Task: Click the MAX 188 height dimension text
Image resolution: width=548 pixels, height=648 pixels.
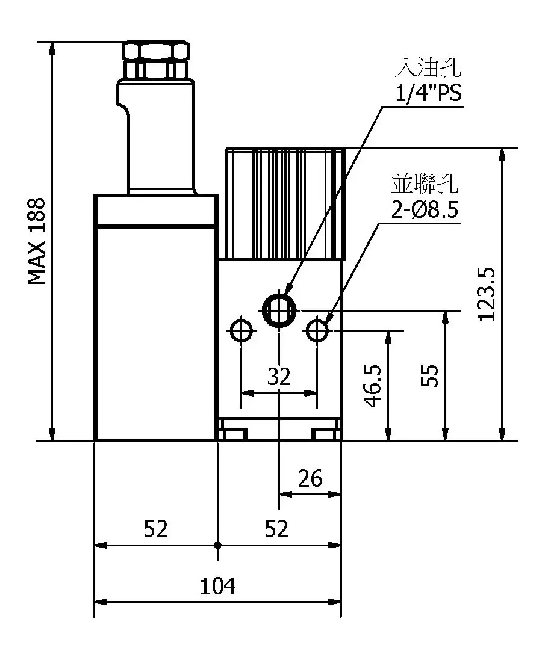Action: click(37, 241)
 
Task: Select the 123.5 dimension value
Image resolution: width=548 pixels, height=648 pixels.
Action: click(485, 294)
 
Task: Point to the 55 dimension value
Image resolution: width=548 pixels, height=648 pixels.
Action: click(429, 376)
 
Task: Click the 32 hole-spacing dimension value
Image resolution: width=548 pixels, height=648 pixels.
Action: click(279, 377)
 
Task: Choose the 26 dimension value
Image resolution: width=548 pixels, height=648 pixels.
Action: click(311, 479)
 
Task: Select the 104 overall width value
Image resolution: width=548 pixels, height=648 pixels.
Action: click(217, 585)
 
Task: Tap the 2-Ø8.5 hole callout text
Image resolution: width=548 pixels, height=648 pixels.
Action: click(425, 210)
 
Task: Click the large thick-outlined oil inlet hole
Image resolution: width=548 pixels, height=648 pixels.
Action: click(279, 310)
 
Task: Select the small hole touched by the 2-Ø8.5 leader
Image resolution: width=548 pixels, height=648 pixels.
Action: click(317, 330)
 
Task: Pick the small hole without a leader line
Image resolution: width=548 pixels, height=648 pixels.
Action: click(241, 330)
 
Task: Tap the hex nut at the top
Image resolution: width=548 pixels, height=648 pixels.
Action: click(157, 59)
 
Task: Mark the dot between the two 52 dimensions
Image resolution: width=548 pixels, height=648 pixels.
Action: click(217, 545)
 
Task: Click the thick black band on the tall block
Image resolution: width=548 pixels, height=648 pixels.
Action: click(156, 226)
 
